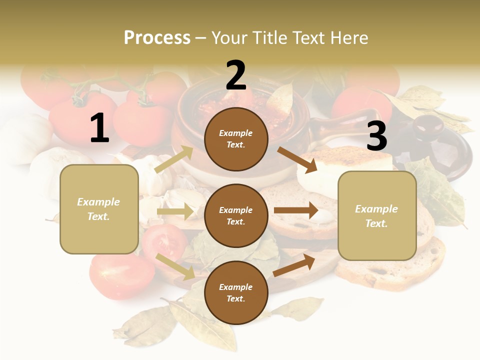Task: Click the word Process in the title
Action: pyautogui.click(x=157, y=37)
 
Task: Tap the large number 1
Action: pyautogui.click(x=99, y=128)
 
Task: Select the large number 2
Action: pyautogui.click(x=236, y=75)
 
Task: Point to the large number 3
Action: pyautogui.click(x=376, y=136)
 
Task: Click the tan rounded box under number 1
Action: pyautogui.click(x=99, y=209)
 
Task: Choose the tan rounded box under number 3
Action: pyautogui.click(x=377, y=215)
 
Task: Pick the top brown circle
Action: pyautogui.click(x=236, y=139)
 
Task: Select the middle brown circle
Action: pyautogui.click(x=236, y=215)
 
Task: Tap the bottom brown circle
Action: pyautogui.click(x=236, y=292)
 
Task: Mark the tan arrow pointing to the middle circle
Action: pyautogui.click(x=175, y=211)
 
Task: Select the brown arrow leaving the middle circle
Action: pyautogui.click(x=296, y=210)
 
